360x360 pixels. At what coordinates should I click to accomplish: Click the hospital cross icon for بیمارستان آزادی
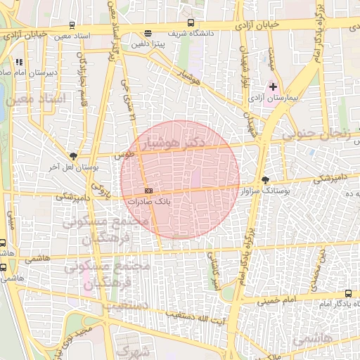274,86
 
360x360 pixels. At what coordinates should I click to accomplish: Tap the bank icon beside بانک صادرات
148,191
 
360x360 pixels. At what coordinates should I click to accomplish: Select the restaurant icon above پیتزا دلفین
148,33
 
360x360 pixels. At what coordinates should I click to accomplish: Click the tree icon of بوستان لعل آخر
74,156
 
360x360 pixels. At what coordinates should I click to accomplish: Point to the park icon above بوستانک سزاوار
264,180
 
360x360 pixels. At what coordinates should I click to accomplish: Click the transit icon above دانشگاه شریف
192,23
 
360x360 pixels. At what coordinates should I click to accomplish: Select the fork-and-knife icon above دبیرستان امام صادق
19,62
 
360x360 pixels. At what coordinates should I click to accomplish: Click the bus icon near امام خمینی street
348,293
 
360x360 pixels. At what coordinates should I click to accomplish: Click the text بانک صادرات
150,202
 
